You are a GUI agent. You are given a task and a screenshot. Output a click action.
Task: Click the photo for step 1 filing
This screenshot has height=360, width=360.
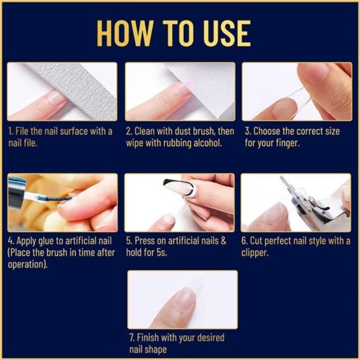coord(61,91)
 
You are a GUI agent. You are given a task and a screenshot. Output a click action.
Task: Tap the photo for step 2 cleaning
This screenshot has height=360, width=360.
coord(179,91)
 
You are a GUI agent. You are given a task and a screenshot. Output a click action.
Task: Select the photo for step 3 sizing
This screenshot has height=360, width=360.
coord(296,91)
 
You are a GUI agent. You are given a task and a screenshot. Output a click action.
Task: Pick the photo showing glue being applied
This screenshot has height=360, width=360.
coord(61,202)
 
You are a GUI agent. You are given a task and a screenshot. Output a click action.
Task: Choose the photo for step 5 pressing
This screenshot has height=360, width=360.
coord(179,202)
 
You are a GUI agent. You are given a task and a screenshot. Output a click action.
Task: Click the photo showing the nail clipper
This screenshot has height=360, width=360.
coord(296,202)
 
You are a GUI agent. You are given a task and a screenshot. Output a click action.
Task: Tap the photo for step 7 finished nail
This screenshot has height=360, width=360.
coord(182,299)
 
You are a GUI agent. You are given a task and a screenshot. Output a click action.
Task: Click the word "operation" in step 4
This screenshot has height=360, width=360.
coord(25,264)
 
